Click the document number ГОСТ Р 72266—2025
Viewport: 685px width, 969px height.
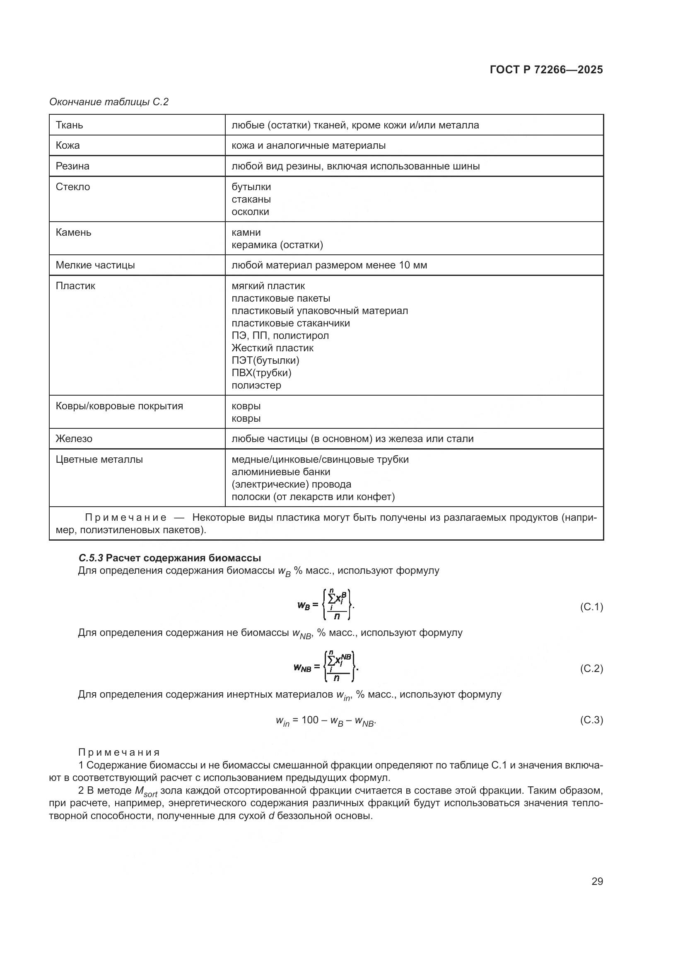tap(546, 70)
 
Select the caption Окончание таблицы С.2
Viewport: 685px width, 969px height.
tap(109, 102)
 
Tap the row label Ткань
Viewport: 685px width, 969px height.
tap(69, 125)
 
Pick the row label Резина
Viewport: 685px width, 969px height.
tap(72, 166)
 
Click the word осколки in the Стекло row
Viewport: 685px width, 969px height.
tap(250, 211)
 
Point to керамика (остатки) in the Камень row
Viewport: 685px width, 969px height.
tap(277, 244)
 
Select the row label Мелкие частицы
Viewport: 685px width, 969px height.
tap(95, 265)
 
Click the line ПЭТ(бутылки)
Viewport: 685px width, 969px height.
tap(265, 360)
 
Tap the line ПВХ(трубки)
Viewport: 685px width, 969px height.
tap(261, 373)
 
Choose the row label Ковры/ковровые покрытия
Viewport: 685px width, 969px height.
tap(119, 406)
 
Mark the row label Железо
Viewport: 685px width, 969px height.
tap(74, 438)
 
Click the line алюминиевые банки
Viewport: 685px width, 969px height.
tap(280, 471)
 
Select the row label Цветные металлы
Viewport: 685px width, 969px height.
tap(99, 459)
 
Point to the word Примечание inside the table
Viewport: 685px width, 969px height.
tap(125, 517)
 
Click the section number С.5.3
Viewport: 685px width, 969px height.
tap(91, 558)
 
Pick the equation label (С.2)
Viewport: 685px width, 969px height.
tap(591, 668)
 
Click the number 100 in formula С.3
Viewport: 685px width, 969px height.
tap(310, 720)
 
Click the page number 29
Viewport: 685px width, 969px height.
tap(597, 881)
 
